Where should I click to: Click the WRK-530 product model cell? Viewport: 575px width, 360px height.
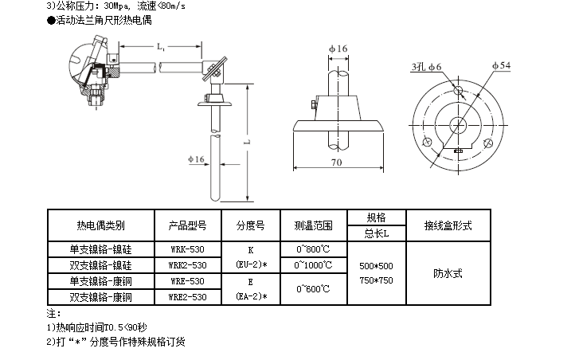point(188,248)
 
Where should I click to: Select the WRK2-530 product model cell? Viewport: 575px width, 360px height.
point(188,264)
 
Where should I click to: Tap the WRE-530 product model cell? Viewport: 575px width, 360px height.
point(188,280)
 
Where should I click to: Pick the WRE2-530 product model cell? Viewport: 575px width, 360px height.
point(188,296)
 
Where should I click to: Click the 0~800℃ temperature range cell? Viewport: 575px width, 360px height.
point(313,248)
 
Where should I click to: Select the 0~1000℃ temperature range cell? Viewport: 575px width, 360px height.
point(313,264)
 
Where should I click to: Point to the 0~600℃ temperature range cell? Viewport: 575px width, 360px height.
point(313,288)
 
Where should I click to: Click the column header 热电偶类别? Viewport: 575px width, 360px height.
point(100,225)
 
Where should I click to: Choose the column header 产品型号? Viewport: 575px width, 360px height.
point(188,225)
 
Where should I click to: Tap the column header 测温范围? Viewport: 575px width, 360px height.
point(313,225)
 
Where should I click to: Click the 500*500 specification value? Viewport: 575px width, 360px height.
point(376,265)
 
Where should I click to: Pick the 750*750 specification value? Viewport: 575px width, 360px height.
point(376,280)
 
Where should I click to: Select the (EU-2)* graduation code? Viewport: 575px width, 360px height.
point(251,264)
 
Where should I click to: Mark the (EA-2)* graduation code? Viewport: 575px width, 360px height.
point(251,296)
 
